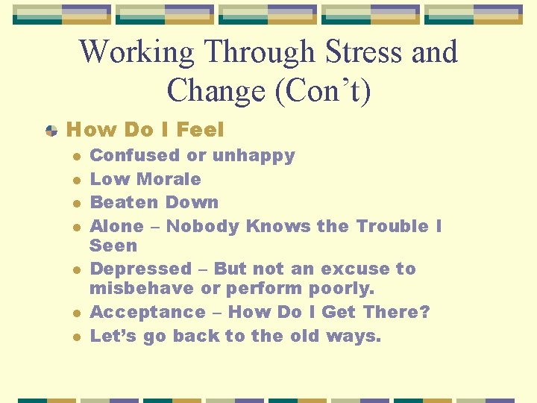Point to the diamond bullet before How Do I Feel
click(51, 131)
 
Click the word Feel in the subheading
click(200, 130)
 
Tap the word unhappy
click(254, 155)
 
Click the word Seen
click(113, 246)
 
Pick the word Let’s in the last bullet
click(113, 336)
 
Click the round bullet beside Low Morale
click(76, 180)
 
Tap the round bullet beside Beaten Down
click(76, 203)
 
